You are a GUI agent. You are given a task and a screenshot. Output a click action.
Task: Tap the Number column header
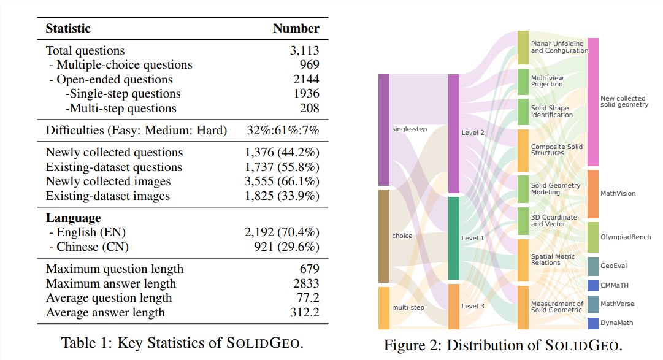296,28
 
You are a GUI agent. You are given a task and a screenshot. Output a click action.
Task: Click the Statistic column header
68,28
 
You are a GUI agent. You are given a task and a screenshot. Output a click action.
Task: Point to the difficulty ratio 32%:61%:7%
290,130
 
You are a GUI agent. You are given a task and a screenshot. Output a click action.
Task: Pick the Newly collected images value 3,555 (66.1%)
282,181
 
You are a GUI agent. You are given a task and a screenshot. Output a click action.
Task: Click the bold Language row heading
73,218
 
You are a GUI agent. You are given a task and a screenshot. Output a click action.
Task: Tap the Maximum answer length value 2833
306,283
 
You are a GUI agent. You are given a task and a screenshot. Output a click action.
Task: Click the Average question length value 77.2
308,297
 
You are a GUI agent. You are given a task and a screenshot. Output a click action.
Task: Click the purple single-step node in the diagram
384,129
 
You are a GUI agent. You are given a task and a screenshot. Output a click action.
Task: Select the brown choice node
384,236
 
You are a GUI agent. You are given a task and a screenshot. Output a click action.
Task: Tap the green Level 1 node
454,238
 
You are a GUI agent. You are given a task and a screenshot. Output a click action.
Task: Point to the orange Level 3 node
454,306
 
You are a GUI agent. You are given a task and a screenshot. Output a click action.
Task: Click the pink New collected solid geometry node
593,102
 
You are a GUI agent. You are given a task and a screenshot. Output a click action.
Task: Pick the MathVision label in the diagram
618,193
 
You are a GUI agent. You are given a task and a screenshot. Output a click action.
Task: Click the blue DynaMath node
593,323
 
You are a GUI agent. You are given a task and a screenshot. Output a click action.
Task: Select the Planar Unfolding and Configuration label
559,47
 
